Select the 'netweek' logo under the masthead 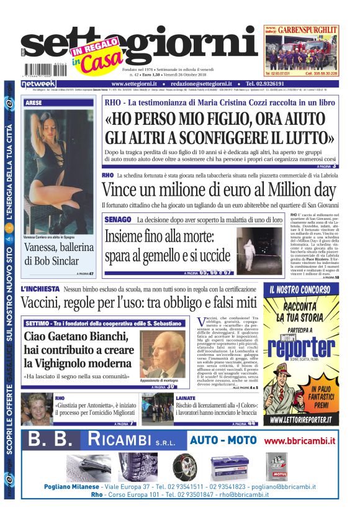[x=38, y=84]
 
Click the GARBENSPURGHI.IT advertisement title [x=306, y=29]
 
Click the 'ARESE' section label [x=34, y=102]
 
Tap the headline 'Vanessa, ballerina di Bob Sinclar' [x=59, y=254]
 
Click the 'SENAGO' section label [x=117, y=219]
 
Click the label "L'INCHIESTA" [x=40, y=289]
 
